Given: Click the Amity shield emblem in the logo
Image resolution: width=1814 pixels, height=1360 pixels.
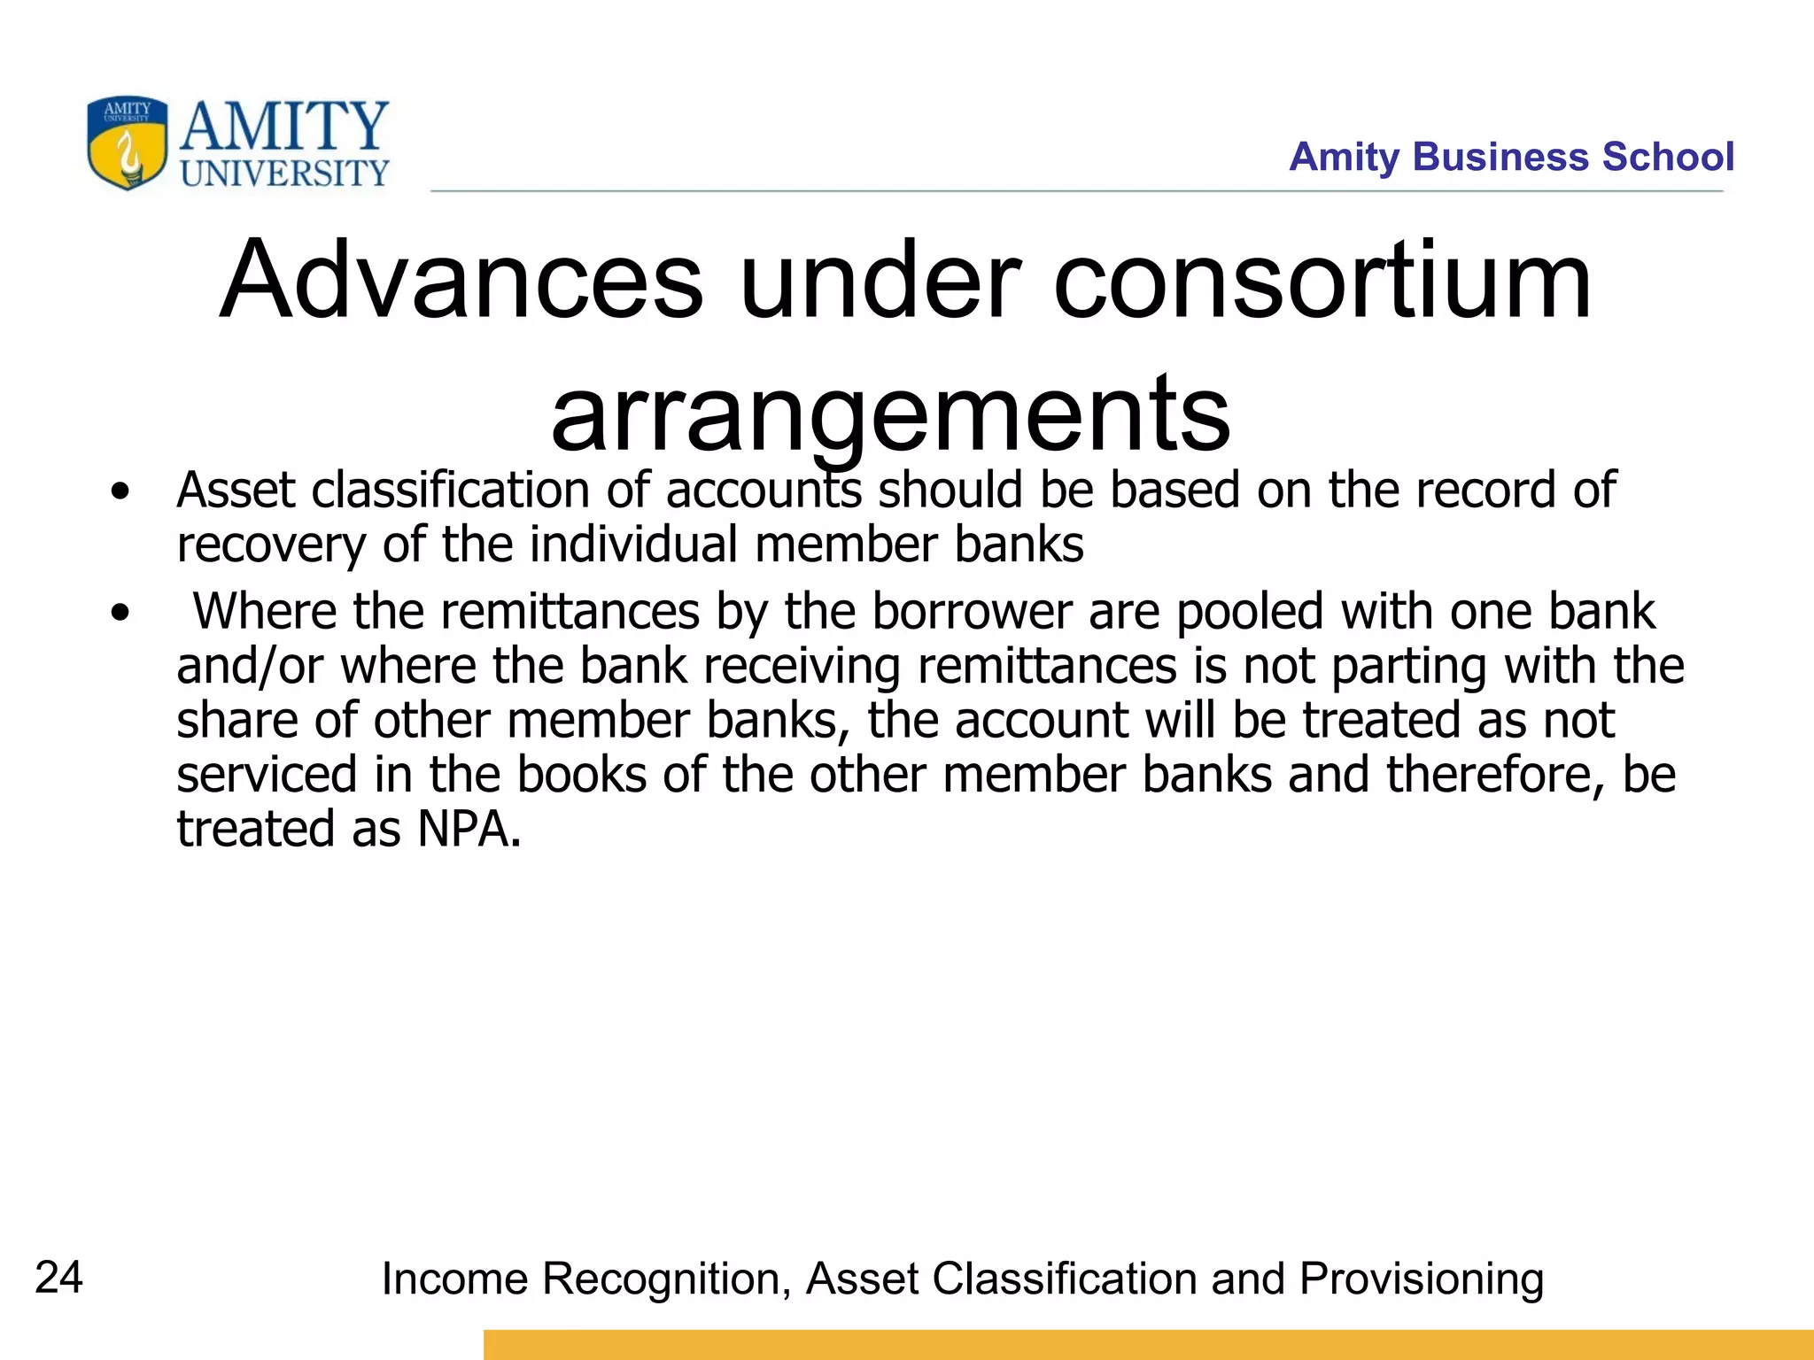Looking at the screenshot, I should click(127, 143).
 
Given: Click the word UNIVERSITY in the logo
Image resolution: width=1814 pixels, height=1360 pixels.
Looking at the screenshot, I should click(285, 173).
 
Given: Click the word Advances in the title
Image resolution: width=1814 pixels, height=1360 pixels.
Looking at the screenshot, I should click(461, 281).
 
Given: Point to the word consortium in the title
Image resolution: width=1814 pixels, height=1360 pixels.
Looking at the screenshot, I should click(1322, 281).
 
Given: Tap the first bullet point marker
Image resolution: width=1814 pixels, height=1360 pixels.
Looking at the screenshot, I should click(120, 491).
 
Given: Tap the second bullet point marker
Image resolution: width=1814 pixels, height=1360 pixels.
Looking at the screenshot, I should click(120, 613).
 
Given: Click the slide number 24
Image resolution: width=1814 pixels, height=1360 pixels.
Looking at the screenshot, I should click(58, 1277).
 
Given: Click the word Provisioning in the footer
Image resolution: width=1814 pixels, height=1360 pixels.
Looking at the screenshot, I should click(1422, 1279).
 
